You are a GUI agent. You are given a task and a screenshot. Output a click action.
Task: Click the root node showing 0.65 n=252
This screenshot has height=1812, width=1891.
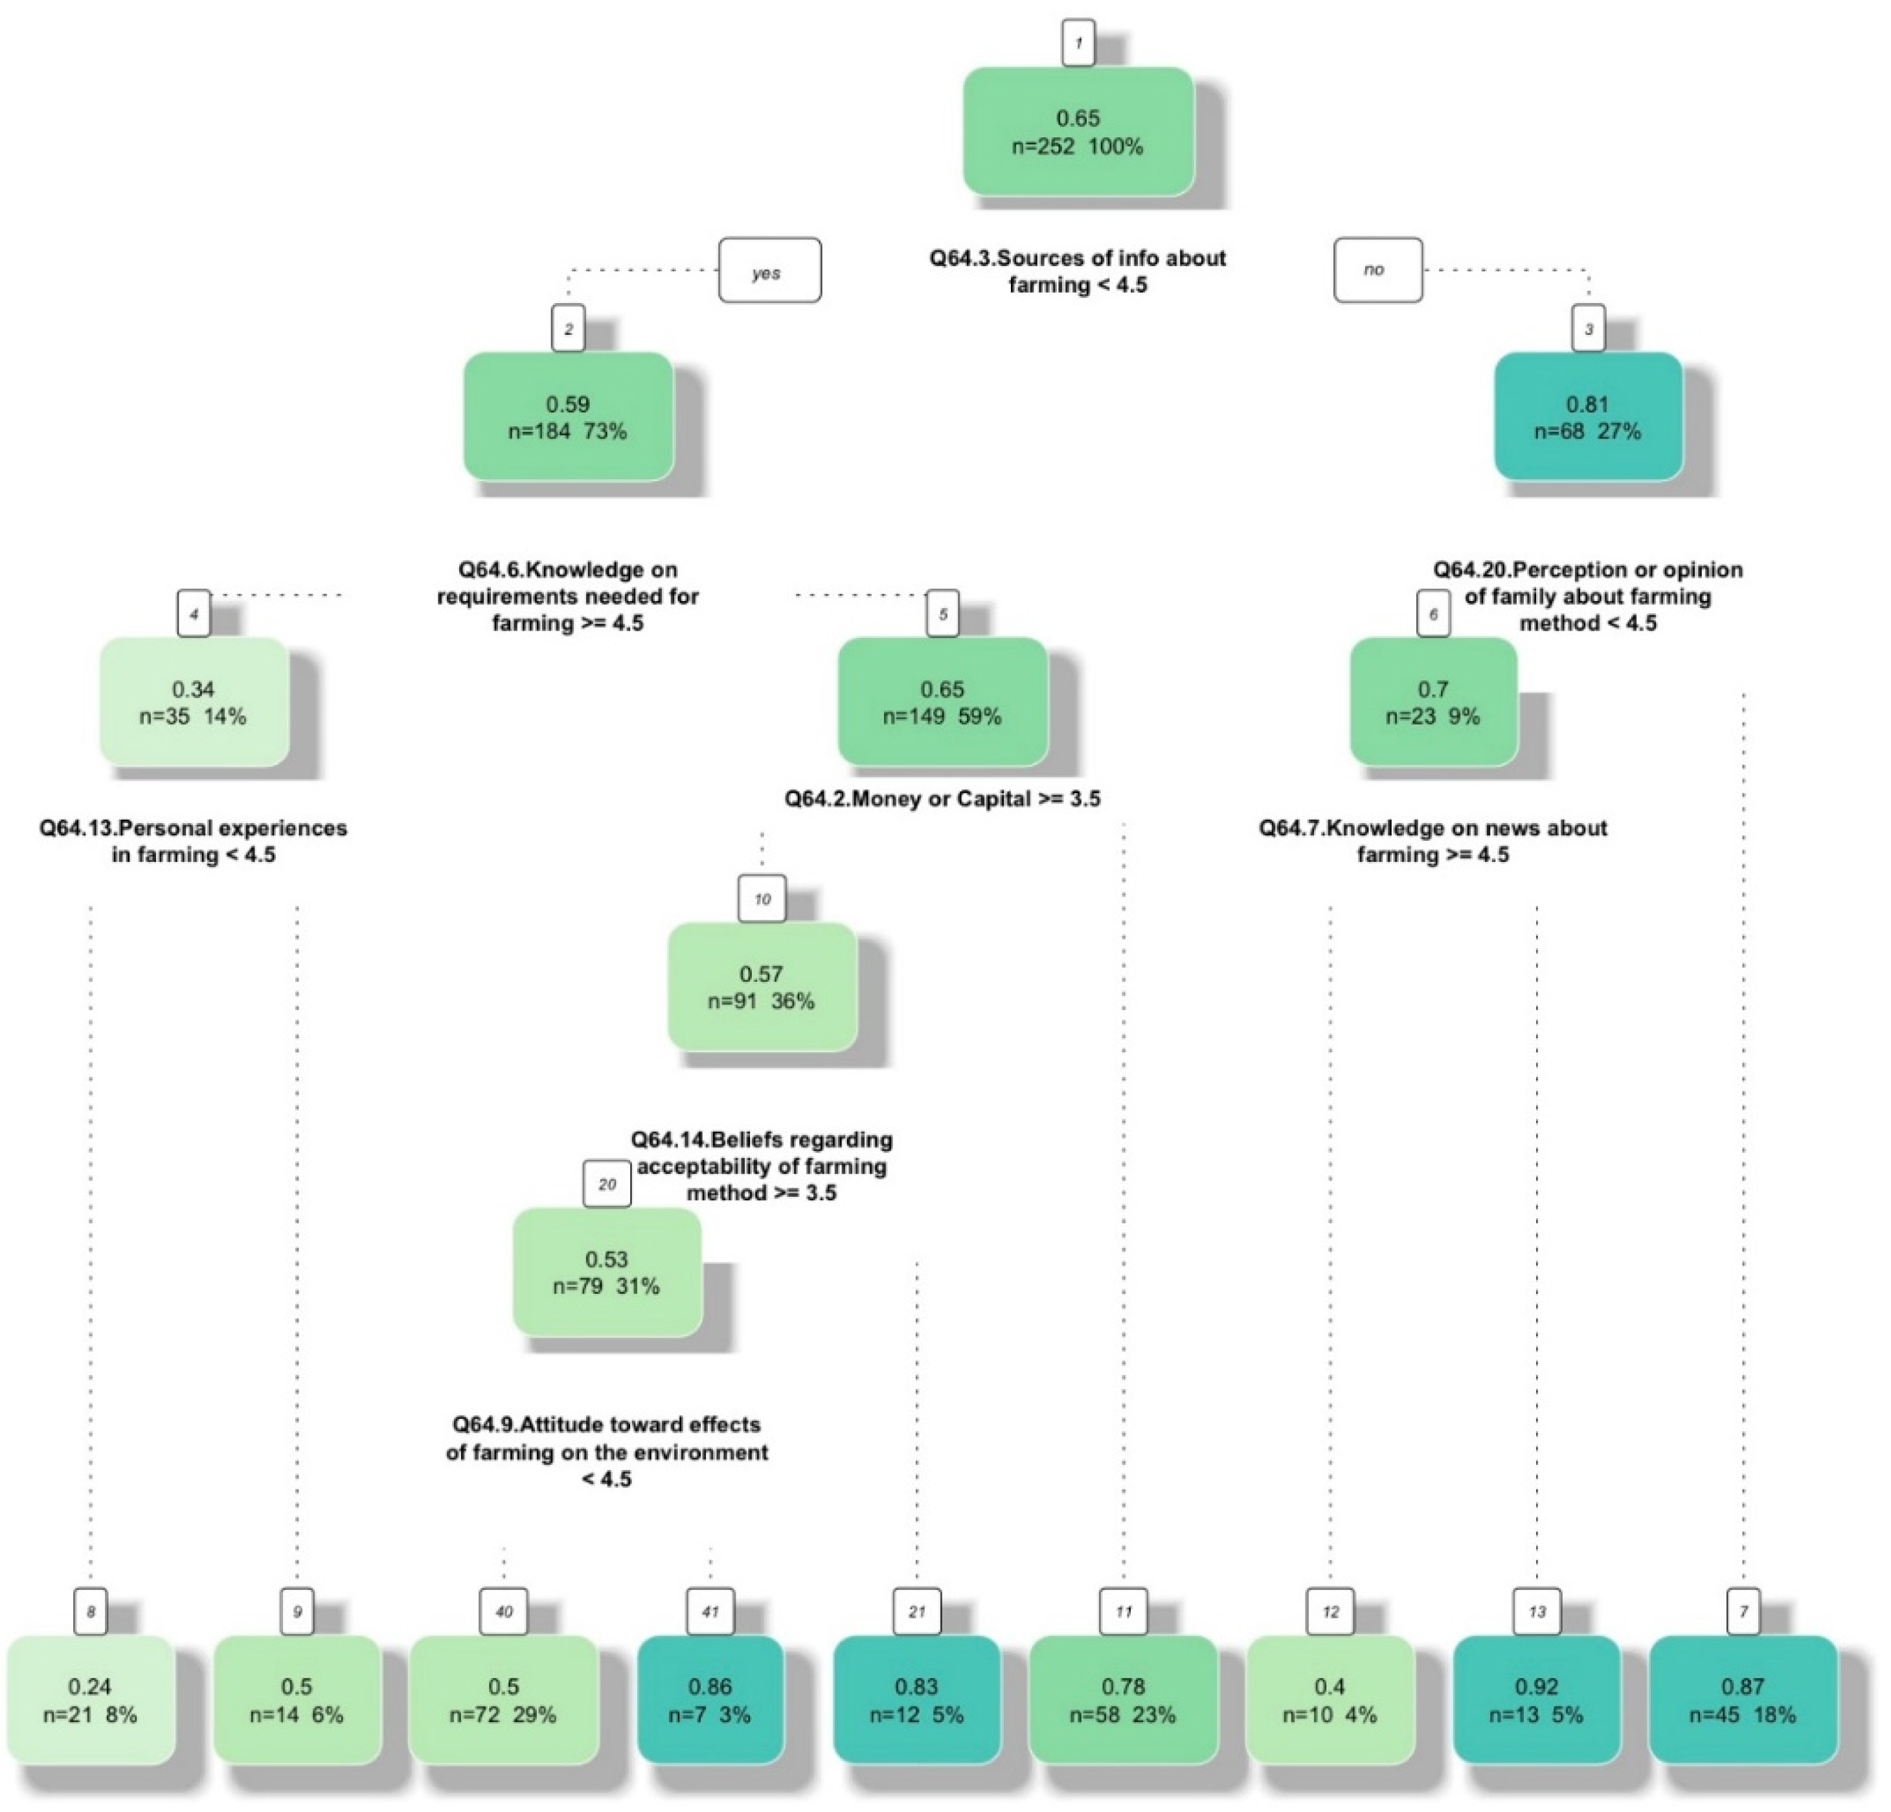click(1078, 132)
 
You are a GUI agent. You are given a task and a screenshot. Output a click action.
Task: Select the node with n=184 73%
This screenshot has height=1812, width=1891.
click(568, 417)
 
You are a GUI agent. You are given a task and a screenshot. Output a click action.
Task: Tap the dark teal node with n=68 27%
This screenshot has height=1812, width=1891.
click(1588, 417)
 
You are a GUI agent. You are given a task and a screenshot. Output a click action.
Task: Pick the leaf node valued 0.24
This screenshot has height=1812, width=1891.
click(91, 1700)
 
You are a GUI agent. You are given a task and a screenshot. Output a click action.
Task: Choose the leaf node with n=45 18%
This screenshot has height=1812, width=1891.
click(1743, 1700)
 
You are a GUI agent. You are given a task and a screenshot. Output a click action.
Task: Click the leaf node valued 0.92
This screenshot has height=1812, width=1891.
click(1536, 1700)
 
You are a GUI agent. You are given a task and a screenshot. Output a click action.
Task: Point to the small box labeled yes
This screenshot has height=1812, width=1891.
click(769, 271)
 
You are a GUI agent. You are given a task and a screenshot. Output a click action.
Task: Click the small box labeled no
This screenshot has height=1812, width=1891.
click(1377, 270)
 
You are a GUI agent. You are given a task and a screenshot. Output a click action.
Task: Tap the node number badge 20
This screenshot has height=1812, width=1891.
click(607, 1184)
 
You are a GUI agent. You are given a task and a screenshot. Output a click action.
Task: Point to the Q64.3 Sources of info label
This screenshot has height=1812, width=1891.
click(1078, 271)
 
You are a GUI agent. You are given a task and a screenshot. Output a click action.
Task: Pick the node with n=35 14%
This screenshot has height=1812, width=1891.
click(194, 703)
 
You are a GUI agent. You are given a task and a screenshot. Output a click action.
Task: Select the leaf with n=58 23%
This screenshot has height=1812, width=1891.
click(1123, 1700)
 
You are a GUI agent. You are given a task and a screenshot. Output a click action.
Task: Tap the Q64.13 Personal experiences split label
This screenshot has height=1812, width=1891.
click(193, 841)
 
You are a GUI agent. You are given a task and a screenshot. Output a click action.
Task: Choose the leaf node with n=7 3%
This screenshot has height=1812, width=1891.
click(710, 1700)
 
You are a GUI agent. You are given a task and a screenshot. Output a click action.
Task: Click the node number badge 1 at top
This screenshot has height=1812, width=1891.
click(1078, 43)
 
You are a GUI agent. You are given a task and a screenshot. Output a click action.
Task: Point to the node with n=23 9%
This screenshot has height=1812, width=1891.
click(1432, 703)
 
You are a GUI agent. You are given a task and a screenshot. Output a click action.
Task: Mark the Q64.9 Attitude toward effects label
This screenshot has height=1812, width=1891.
click(607, 1451)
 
